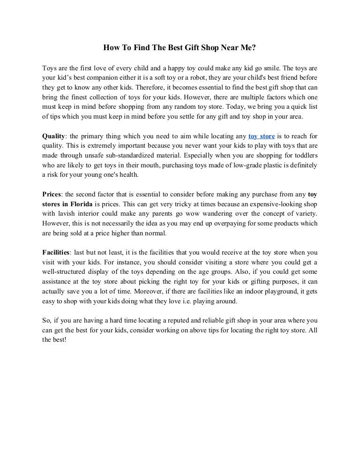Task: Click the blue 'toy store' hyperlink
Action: [262, 136]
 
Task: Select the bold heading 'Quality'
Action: [53, 136]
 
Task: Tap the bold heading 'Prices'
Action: [52, 194]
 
